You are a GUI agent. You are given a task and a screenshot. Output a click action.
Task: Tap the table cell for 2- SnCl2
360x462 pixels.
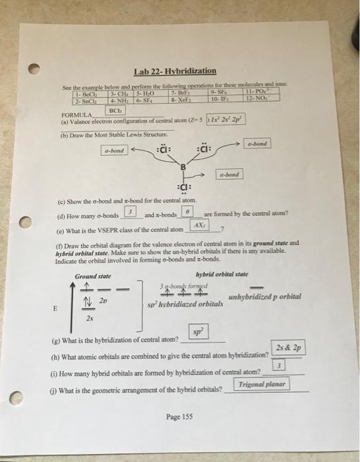click(87, 99)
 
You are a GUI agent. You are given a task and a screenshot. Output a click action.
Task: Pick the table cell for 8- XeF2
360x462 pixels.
click(179, 99)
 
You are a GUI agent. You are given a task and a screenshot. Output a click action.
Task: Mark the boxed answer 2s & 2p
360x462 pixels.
click(287, 348)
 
